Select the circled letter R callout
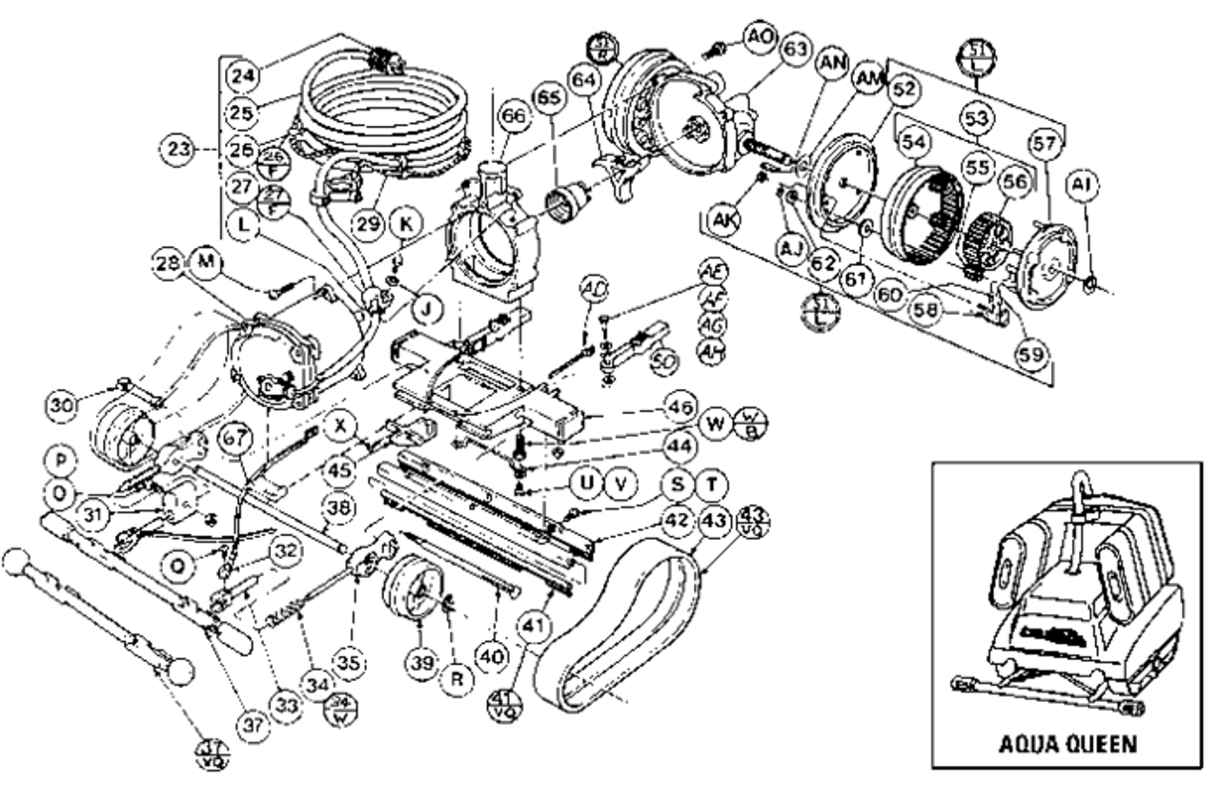coord(459,680)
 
